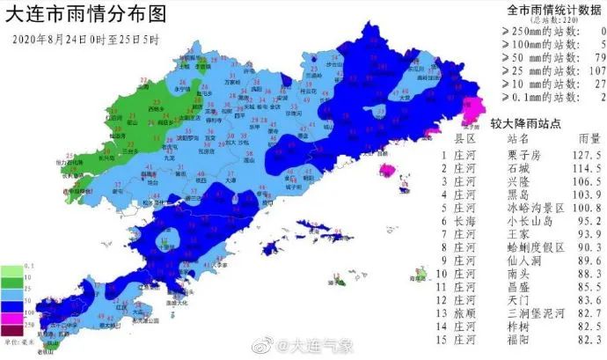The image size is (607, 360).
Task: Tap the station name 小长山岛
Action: tap(526, 221)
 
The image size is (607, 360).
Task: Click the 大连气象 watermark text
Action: tap(323, 344)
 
